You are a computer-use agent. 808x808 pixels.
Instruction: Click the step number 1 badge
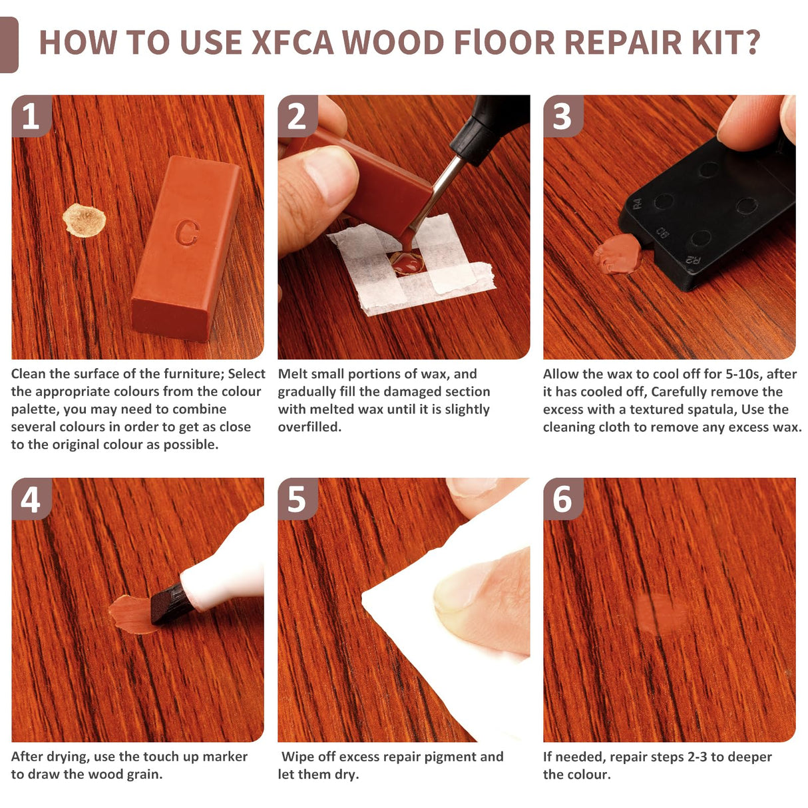[31, 116]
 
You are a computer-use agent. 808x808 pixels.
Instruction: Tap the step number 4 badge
[31, 499]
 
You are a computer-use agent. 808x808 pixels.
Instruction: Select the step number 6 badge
[562, 499]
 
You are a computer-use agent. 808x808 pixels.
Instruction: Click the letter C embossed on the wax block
[187, 232]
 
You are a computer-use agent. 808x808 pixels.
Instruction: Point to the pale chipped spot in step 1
[84, 220]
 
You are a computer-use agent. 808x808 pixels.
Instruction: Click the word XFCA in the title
[292, 43]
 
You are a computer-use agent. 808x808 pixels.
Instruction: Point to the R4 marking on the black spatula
[637, 204]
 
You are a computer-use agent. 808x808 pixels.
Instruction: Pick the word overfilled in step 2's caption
[309, 427]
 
